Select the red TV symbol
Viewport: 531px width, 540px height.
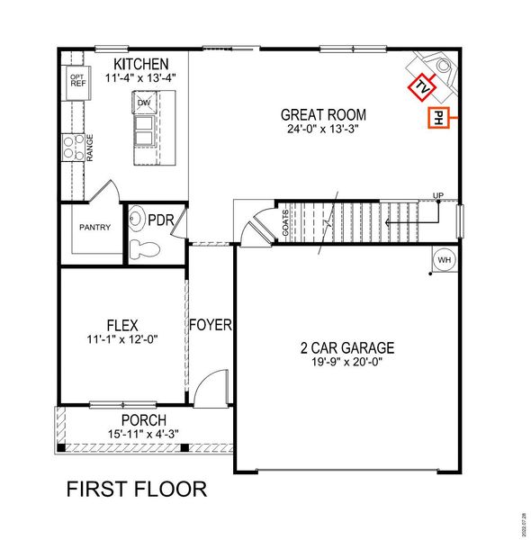pyautogui.click(x=419, y=87)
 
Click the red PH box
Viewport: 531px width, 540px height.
pyautogui.click(x=436, y=118)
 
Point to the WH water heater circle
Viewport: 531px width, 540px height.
pyautogui.click(x=444, y=260)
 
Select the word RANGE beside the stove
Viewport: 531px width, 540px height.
pyautogui.click(x=90, y=148)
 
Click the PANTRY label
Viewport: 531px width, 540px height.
pyautogui.click(x=94, y=227)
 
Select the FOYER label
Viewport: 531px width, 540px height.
pyautogui.click(x=211, y=324)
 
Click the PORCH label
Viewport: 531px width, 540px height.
pyautogui.click(x=144, y=420)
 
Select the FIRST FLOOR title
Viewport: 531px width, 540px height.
pyautogui.click(x=137, y=490)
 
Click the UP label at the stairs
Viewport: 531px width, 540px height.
pyautogui.click(x=438, y=195)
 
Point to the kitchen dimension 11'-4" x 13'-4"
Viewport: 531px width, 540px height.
pyautogui.click(x=139, y=77)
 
